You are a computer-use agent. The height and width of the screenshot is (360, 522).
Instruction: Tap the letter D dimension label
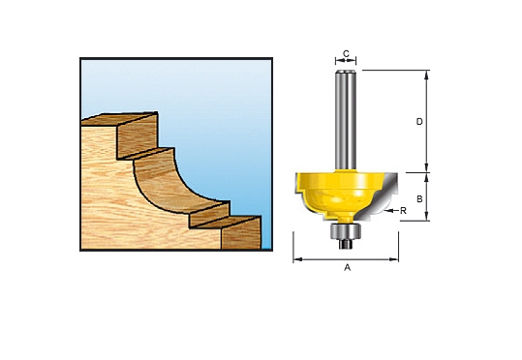tap(419, 122)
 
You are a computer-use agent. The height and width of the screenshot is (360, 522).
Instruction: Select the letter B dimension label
tap(419, 197)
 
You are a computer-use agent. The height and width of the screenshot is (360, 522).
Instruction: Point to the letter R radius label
tap(402, 209)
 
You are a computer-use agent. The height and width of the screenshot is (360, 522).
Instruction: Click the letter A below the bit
tap(347, 268)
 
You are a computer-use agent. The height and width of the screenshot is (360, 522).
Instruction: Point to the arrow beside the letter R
tap(391, 209)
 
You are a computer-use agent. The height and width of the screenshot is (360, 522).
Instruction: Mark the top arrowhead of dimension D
tap(427, 75)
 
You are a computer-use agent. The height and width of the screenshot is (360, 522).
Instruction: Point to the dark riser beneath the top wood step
tap(137, 140)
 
